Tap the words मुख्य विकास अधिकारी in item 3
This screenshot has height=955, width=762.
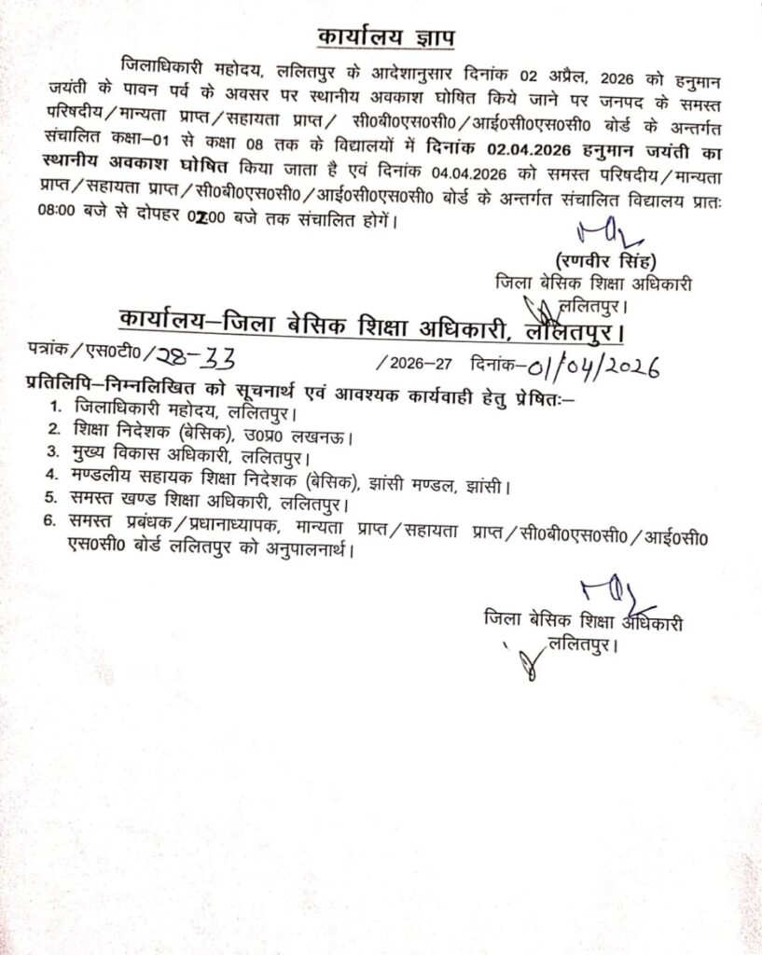(150, 459)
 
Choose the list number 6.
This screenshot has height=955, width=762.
(56, 532)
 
